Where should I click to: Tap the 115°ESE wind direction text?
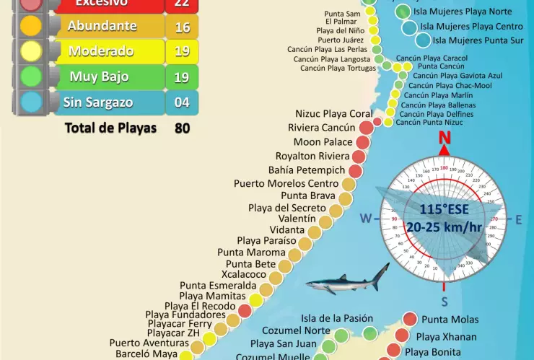[x=444, y=210]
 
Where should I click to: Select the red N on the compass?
[x=445, y=139]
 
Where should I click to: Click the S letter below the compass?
[x=445, y=301]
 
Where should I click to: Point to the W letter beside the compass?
[x=366, y=219]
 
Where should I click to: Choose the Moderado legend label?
[x=101, y=51]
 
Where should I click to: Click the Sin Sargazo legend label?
[x=97, y=102]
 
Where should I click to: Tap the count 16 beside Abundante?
[x=182, y=27]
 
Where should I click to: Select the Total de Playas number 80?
[x=182, y=128]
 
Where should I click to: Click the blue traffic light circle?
[x=31, y=102]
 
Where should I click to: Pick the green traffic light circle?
[x=31, y=76]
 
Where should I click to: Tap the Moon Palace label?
[x=323, y=142]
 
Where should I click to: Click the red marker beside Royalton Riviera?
[x=359, y=156]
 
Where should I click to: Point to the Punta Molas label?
[x=450, y=320]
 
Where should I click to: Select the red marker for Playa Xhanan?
[x=402, y=335]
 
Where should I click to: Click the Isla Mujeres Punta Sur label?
[x=477, y=40]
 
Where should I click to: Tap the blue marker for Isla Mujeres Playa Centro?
[x=409, y=27]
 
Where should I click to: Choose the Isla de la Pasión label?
[x=337, y=318]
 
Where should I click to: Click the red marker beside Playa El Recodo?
[x=245, y=310]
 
